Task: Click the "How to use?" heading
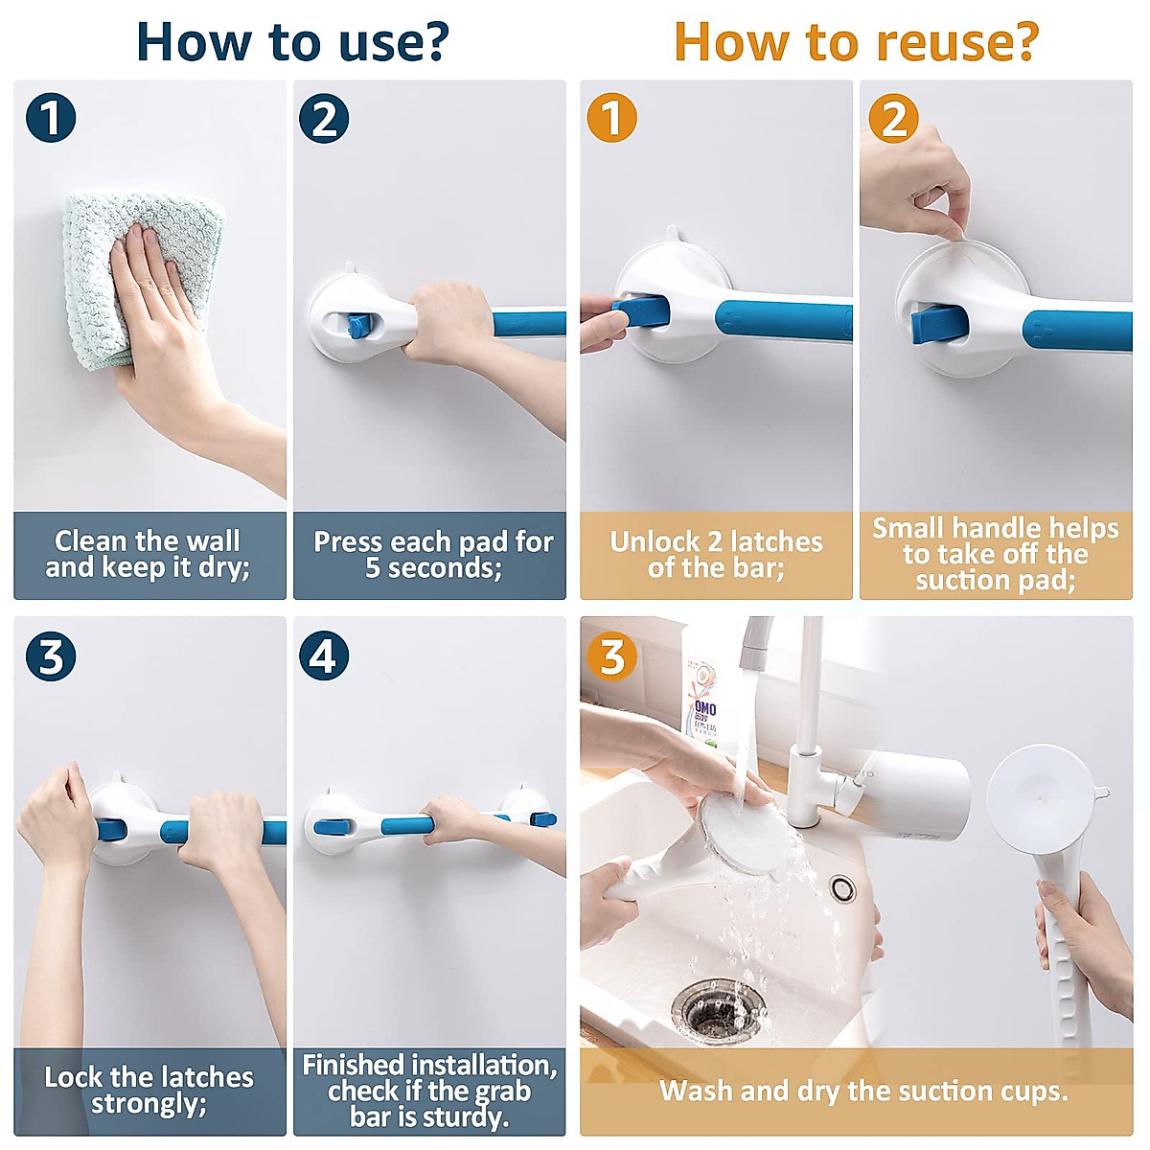click(292, 42)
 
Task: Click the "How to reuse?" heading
click(857, 42)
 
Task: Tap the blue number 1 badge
click(51, 118)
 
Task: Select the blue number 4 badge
click(324, 656)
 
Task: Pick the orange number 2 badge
click(893, 118)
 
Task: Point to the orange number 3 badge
click(611, 656)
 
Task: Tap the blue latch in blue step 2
click(359, 326)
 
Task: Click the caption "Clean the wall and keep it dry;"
click(148, 554)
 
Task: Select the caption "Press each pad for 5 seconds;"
click(433, 554)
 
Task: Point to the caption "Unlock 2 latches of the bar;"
click(716, 554)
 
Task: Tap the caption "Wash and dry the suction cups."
click(863, 1091)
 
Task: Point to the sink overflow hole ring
click(842, 888)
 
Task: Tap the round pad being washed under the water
click(746, 833)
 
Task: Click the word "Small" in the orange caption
click(908, 529)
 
